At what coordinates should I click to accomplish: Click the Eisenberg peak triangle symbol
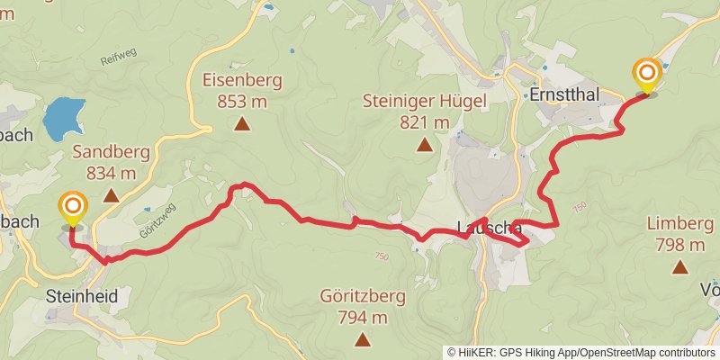pos(242,124)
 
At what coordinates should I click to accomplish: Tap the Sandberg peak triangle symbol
pos(111,195)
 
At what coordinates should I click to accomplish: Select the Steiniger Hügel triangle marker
pos(423,143)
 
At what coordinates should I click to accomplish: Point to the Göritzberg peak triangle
pos(362,339)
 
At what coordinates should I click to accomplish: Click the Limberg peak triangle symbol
pos(680,266)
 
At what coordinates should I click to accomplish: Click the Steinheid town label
pos(82,296)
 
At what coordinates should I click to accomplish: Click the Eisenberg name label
pos(242,80)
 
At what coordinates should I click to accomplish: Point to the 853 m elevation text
pos(242,100)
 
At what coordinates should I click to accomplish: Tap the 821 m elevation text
pos(424,121)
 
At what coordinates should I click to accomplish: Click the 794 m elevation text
pos(362,317)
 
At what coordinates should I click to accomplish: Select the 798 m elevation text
pos(680,244)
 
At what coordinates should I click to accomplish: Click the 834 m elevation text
pos(111,172)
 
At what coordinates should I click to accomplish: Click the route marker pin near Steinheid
pos(73,209)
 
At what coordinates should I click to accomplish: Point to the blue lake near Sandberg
pos(64,116)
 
